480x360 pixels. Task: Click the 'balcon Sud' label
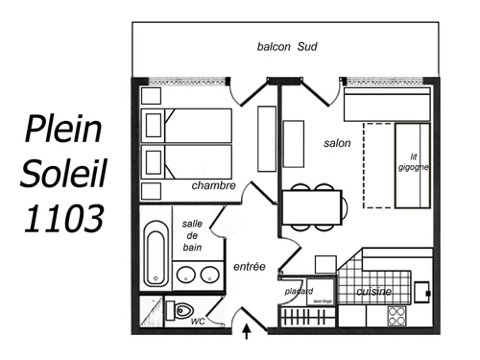point(287,46)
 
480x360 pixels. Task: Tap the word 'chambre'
point(213,185)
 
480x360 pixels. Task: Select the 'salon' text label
point(338,143)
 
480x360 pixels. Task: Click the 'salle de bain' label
point(191,236)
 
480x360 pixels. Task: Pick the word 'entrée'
point(249,267)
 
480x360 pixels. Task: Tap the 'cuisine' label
point(373,291)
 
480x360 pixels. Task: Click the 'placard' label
point(300,291)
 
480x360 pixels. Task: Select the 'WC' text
point(198,322)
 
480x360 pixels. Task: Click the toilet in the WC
point(180,311)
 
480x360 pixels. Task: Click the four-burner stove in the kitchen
point(397,314)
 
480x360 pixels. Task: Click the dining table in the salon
point(312,205)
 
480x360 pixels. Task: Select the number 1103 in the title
point(62,219)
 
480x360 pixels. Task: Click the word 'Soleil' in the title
point(62,174)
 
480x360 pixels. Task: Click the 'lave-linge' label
point(322,300)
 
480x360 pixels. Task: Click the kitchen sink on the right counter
point(420,288)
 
